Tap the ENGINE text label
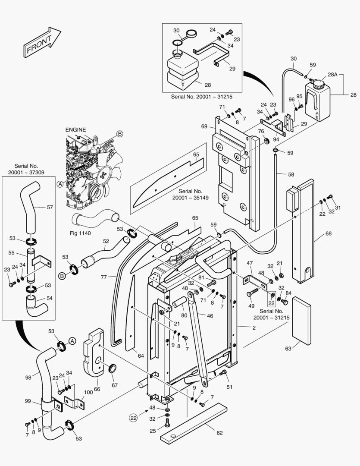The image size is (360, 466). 75,129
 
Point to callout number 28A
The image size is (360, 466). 332,75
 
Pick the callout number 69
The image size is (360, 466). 204,126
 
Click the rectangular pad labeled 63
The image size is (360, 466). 301,320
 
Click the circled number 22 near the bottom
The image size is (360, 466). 134,417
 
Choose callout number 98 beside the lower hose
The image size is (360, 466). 28,377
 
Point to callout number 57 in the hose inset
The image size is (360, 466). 50,208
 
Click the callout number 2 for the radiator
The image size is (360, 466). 254,328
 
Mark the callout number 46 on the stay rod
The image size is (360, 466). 210,316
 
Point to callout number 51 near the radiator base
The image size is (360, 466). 229,387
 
